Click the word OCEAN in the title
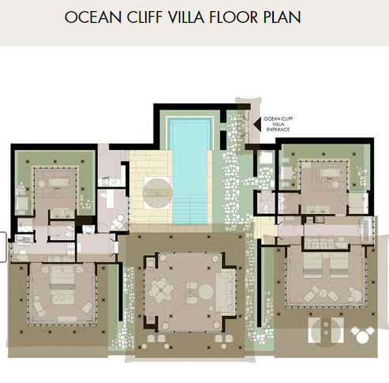point(93,17)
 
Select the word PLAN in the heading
point(282,17)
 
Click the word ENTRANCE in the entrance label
point(278,130)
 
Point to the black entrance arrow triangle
point(257,124)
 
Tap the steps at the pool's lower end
point(190,211)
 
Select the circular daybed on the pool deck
point(157,193)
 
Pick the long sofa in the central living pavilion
point(225,292)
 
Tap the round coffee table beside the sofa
point(206,291)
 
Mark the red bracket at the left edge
point(3,247)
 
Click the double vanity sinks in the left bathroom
point(60,213)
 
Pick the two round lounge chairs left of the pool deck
point(118,222)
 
